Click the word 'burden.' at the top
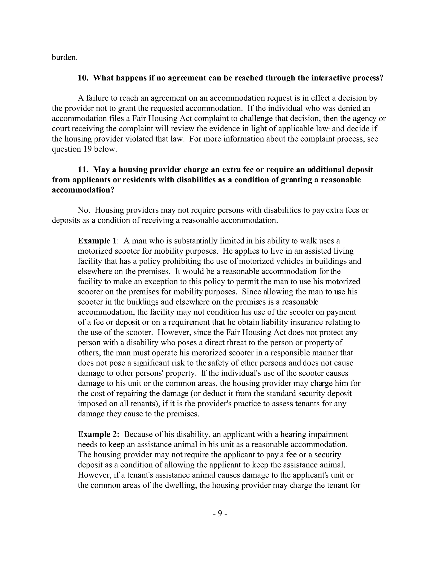click(x=65, y=57)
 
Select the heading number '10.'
click(x=83, y=78)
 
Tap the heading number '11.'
click(x=83, y=170)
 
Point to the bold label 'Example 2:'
click(x=99, y=434)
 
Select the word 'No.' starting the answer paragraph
click(x=84, y=210)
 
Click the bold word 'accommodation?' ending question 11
click(x=83, y=190)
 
